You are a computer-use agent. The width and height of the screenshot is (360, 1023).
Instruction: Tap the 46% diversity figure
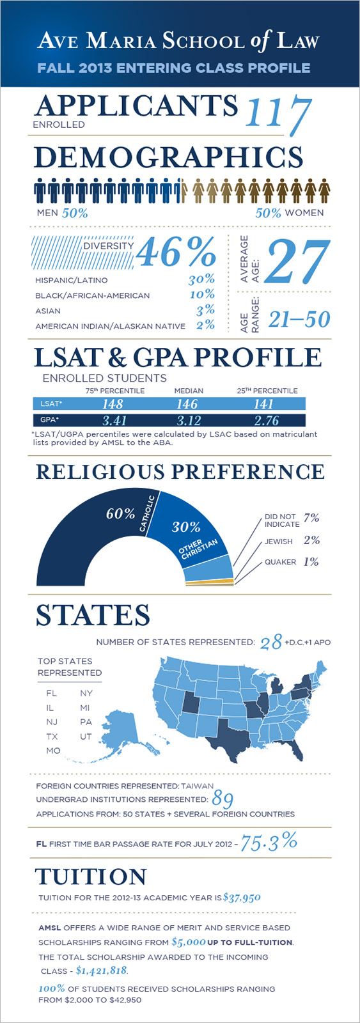[176, 252]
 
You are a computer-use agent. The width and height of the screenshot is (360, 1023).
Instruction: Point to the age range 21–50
[299, 319]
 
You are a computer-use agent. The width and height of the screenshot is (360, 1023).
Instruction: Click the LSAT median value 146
[187, 403]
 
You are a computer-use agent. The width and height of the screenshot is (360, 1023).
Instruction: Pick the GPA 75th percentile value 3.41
[114, 420]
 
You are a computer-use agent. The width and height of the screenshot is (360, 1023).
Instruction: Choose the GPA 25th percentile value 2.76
[267, 420]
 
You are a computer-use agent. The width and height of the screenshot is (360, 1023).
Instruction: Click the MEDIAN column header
[189, 391]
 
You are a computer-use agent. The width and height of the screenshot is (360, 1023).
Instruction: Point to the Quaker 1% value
[311, 562]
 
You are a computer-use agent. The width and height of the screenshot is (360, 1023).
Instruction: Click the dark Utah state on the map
[191, 701]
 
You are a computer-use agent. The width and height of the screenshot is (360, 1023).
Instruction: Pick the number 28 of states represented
[271, 642]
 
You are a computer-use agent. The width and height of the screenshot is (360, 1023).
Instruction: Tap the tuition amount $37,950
[242, 898]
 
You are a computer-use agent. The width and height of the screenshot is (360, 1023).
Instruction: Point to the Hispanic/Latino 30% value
[201, 279]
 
